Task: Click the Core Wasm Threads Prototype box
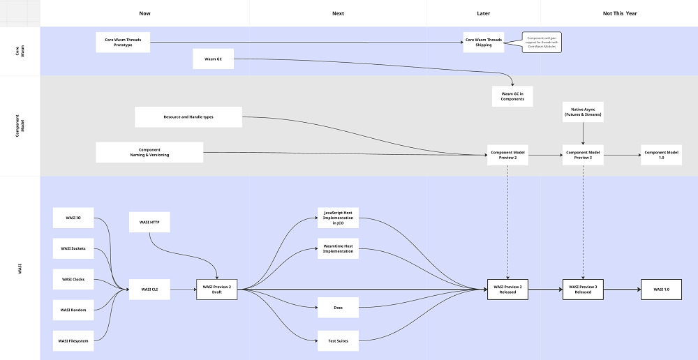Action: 123,43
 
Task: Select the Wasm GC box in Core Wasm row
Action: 213,59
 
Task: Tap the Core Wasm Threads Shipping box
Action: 484,43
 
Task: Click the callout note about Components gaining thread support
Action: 542,43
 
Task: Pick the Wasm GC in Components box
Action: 512,96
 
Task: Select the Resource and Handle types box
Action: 188,117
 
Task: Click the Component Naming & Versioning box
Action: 149,152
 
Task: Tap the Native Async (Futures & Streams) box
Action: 583,112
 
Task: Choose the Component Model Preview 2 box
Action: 507,155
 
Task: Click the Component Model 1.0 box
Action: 661,155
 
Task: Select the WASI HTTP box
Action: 149,223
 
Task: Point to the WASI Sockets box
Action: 73,248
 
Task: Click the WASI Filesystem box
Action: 73,340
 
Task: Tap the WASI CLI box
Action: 149,289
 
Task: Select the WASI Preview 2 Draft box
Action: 216,289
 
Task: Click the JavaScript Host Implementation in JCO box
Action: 338,218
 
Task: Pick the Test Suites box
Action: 338,340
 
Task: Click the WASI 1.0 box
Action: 661,289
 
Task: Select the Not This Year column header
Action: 620,13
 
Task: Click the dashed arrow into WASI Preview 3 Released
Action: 583,223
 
